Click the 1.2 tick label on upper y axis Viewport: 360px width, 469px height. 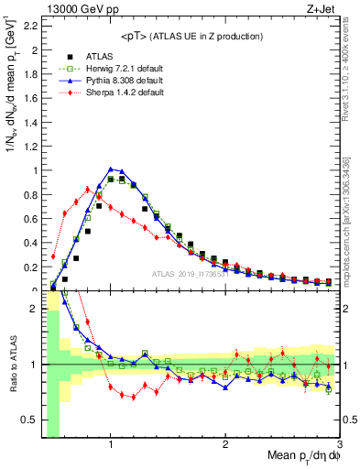click(30, 147)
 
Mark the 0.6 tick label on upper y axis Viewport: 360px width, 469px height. click(30, 219)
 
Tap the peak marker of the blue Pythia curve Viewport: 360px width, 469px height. click(111, 169)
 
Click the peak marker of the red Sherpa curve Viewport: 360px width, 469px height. click(88, 190)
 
